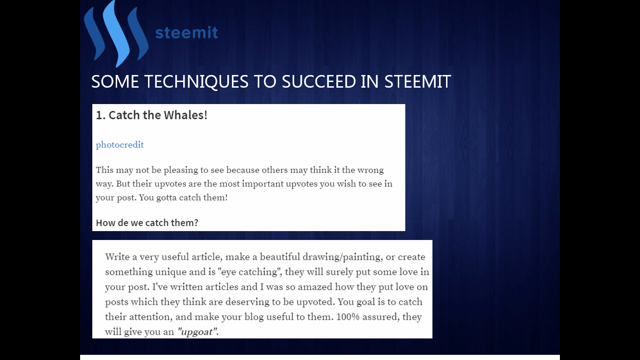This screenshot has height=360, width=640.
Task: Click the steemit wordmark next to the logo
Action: (x=186, y=33)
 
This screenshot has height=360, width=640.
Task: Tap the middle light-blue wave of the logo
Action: (x=116, y=34)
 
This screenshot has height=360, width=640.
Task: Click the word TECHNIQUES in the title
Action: (x=196, y=82)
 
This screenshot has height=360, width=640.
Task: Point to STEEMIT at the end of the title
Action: (x=417, y=82)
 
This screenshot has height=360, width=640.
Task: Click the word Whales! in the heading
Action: (x=186, y=115)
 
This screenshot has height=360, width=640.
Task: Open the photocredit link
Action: (x=120, y=145)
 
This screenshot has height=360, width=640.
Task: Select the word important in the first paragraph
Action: (x=263, y=184)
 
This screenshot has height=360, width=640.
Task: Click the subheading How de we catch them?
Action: (x=147, y=223)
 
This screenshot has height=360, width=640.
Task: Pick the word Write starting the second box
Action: (x=118, y=257)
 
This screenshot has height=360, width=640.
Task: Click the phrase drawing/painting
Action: (x=342, y=257)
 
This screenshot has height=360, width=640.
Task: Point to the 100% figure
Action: (x=348, y=317)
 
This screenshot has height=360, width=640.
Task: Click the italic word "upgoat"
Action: (x=197, y=332)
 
